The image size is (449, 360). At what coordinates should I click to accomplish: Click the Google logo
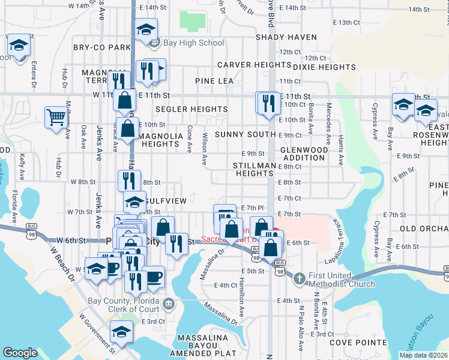[20, 353]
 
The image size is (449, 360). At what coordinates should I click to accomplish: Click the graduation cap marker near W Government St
[122, 332]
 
